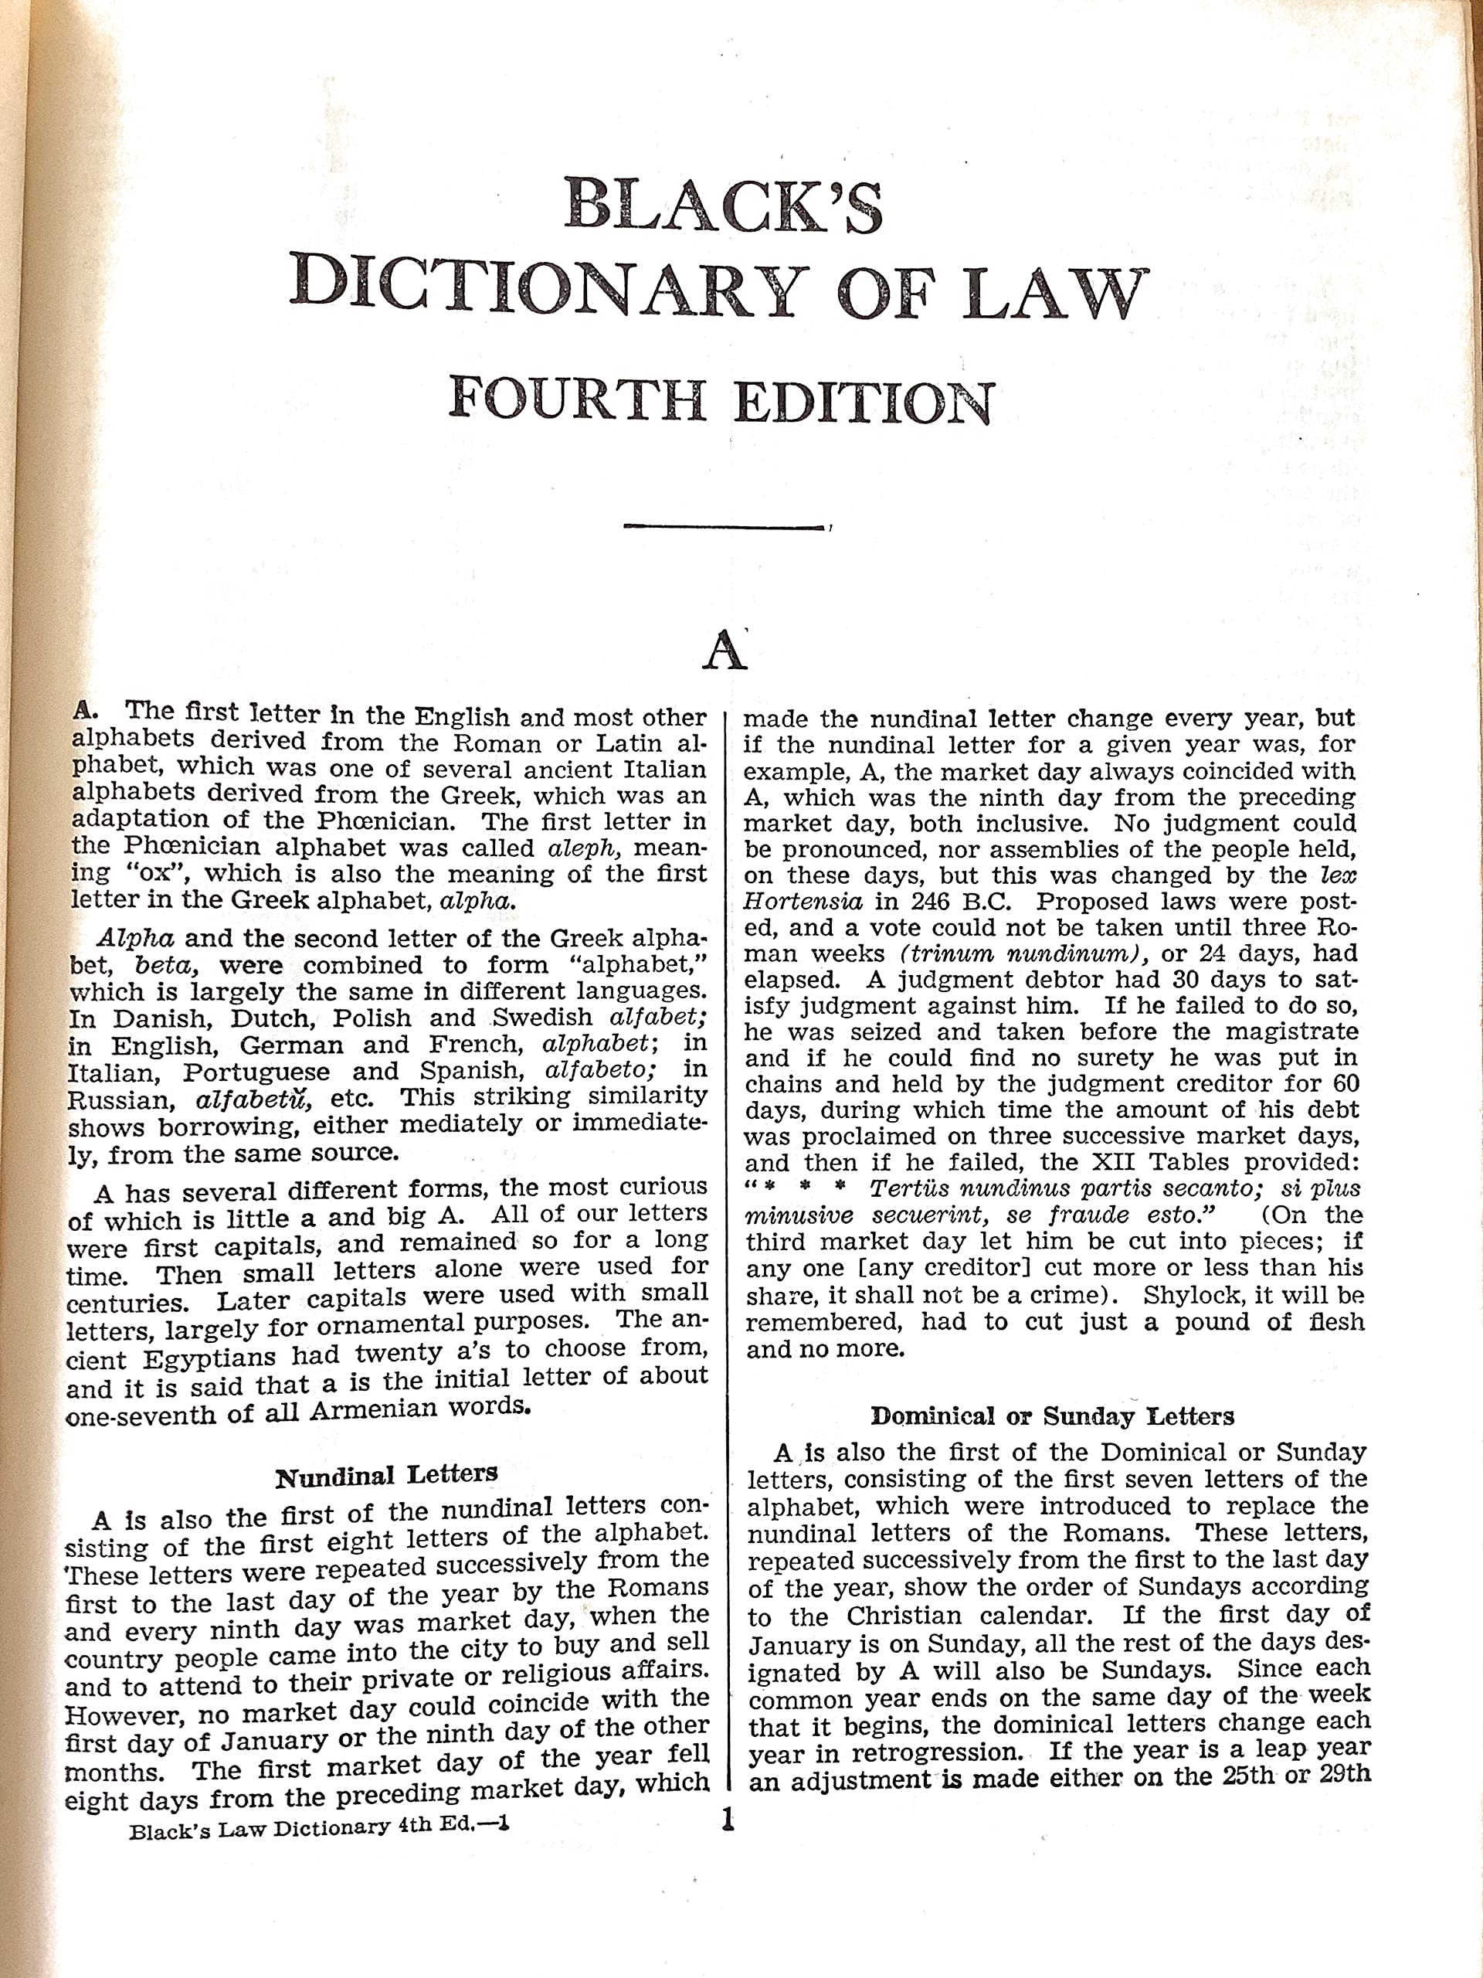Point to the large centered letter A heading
pyautogui.click(x=723, y=653)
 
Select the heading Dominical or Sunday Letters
pyautogui.click(x=1052, y=1416)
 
